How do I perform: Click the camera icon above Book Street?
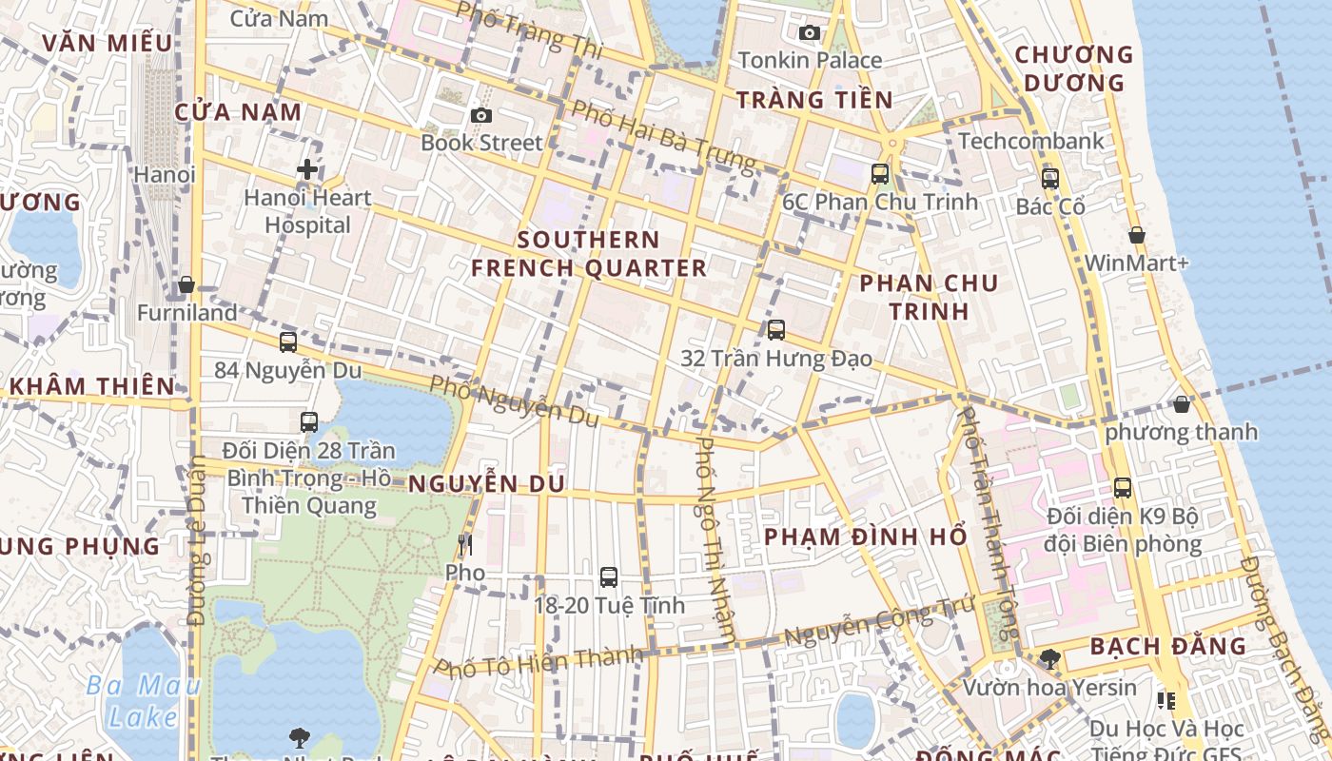pos(481,116)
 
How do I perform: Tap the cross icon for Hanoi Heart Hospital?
pos(306,170)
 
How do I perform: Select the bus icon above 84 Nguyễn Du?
pos(288,342)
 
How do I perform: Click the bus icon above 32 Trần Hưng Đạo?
pos(776,330)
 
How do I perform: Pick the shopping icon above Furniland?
pos(186,284)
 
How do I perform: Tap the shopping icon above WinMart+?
pos(1136,235)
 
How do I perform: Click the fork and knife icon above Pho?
pos(465,545)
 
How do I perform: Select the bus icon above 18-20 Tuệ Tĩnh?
pos(609,576)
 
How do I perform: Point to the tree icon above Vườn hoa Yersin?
pos(1050,658)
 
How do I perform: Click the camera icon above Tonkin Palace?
pos(810,33)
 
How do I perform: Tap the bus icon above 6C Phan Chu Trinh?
pos(880,173)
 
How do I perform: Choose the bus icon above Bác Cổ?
pos(1050,178)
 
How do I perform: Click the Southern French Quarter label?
pos(589,254)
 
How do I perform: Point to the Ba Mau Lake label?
pos(143,700)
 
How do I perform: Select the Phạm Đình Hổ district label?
pos(866,537)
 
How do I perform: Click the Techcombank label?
pos(1031,142)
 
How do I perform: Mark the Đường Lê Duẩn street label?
pos(197,542)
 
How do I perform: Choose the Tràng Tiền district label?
pos(814,100)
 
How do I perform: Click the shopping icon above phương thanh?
pos(1182,404)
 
